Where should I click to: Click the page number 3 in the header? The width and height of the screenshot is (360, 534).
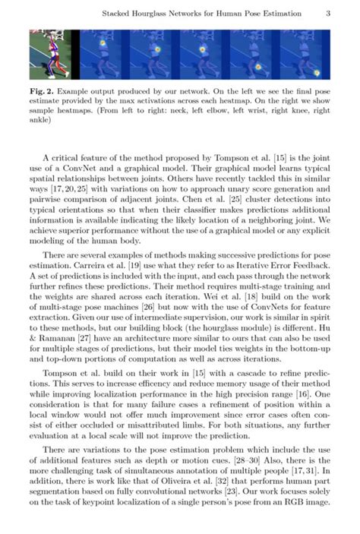[x=327, y=14]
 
